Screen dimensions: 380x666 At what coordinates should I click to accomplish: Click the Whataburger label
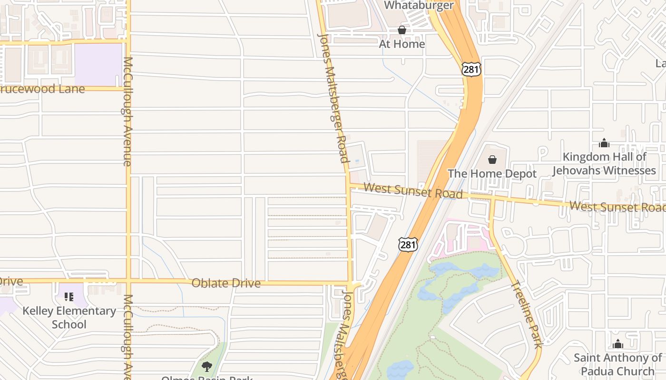click(x=418, y=6)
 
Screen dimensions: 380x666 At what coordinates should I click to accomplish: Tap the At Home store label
click(x=402, y=44)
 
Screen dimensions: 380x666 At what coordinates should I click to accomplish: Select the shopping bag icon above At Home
click(x=402, y=30)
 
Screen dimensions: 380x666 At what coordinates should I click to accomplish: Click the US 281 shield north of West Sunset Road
click(x=471, y=69)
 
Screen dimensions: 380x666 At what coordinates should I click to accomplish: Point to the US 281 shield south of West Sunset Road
click(x=408, y=245)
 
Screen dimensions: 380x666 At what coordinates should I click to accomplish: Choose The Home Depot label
click(x=492, y=174)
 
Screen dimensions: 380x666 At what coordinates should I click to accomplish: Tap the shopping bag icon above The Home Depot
click(x=492, y=160)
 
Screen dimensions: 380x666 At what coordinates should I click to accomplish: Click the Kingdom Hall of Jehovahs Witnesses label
click(x=604, y=163)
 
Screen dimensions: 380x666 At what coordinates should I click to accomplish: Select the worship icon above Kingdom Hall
click(x=604, y=143)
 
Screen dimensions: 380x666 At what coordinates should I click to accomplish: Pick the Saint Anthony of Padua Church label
click(x=617, y=364)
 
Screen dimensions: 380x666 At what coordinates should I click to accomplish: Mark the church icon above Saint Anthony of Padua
click(x=617, y=344)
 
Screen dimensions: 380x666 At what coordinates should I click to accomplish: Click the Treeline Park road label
click(x=527, y=314)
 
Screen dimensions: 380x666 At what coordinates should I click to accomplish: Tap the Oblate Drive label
click(x=226, y=283)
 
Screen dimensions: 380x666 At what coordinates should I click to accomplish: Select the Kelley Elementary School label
click(x=69, y=317)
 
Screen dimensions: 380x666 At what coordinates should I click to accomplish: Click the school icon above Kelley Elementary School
click(x=69, y=297)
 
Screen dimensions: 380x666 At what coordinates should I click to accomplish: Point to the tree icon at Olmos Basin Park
click(x=206, y=366)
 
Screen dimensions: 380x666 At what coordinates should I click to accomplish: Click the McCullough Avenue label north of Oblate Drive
click(x=127, y=112)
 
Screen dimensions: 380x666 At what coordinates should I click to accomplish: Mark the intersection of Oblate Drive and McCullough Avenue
click(x=128, y=281)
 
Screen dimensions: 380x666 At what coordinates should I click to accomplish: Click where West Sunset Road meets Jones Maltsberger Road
click(x=349, y=185)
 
